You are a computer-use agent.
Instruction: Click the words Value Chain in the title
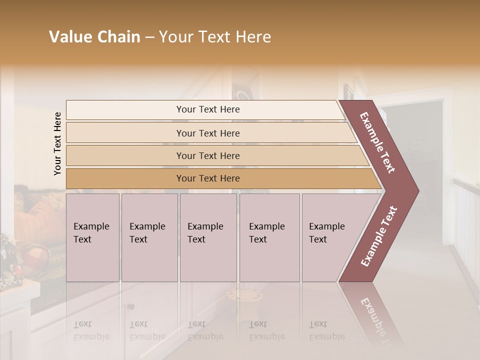point(94,37)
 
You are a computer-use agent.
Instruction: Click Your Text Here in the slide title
point(215,37)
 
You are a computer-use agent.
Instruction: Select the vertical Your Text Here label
point(57,143)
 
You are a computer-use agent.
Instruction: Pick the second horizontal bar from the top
point(207,133)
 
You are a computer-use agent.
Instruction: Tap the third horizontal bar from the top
point(207,155)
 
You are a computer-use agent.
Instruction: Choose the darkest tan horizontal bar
point(207,178)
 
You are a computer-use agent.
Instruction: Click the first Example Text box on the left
point(92,237)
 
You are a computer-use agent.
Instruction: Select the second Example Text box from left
point(149,237)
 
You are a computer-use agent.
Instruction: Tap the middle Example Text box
point(208,237)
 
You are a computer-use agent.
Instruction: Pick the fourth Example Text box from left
point(269,237)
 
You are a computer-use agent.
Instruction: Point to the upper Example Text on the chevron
point(378,142)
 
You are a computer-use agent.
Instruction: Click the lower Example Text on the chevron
point(379,236)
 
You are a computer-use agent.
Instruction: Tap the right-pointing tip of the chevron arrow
point(416,190)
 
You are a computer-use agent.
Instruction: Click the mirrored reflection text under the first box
point(91,330)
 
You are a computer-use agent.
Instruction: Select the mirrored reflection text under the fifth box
point(326,330)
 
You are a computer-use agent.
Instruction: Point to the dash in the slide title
point(149,37)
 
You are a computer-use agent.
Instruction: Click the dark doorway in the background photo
point(420,150)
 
